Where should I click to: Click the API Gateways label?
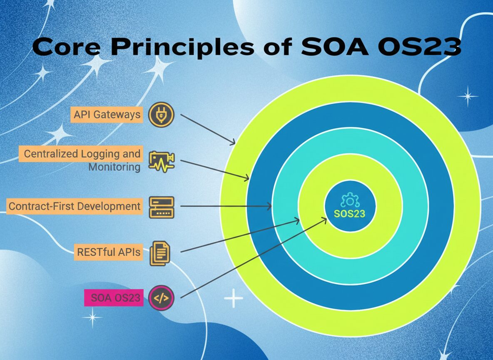tap(107, 115)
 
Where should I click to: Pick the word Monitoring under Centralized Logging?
tap(114, 167)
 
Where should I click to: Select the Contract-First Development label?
tap(75, 206)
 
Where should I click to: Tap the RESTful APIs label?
tap(108, 252)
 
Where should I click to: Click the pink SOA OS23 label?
tap(114, 297)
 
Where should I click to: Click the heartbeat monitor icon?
tap(162, 160)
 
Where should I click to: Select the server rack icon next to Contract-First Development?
tap(162, 207)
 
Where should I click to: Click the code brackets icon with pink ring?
tap(161, 297)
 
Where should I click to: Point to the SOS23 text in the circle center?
tap(350, 214)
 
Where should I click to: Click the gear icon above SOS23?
tap(350, 201)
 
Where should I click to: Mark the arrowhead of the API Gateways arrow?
tap(234, 143)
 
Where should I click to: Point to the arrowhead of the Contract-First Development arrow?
tap(270, 206)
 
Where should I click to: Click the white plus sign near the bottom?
tap(233, 299)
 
